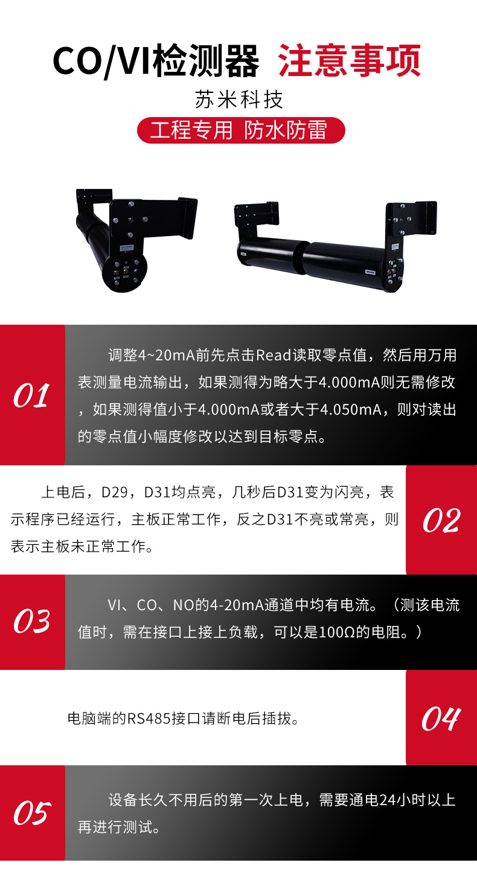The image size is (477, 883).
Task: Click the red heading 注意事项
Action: pyautogui.click(x=350, y=61)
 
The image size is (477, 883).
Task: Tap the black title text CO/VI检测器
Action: pyautogui.click(x=156, y=61)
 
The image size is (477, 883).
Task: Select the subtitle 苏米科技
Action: pyautogui.click(x=239, y=100)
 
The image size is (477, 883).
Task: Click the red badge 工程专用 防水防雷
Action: pyautogui.click(x=241, y=130)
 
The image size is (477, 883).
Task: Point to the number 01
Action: pyautogui.click(x=31, y=395)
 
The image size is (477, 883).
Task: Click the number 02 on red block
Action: pyautogui.click(x=441, y=520)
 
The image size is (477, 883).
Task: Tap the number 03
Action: pyautogui.click(x=32, y=621)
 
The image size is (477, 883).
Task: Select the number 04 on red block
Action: pyautogui.click(x=441, y=719)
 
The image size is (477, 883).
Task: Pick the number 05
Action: pyautogui.click(x=32, y=813)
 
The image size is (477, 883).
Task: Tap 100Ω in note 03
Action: pyautogui.click(x=337, y=633)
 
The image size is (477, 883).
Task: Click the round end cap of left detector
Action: pyautogui.click(x=124, y=272)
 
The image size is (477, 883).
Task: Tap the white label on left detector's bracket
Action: pyautogui.click(x=126, y=247)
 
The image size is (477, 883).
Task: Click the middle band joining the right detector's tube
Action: pyautogui.click(x=301, y=258)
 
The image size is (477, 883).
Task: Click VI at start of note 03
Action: pyautogui.click(x=114, y=605)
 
